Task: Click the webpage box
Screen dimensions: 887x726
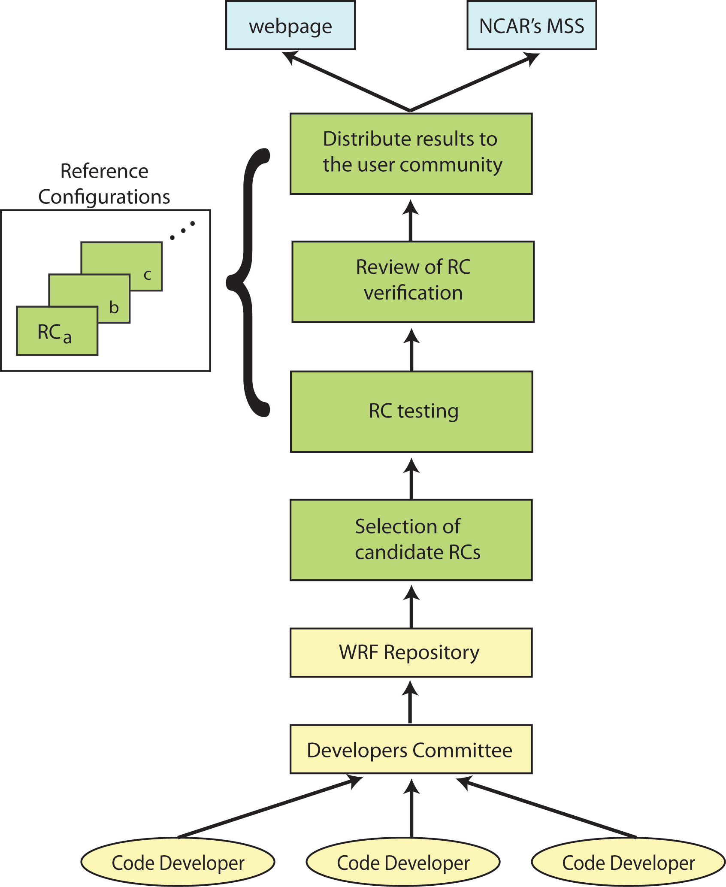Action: (x=290, y=25)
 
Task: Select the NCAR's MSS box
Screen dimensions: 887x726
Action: (x=531, y=25)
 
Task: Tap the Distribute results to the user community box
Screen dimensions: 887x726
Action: (x=411, y=153)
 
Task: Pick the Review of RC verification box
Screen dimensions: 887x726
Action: (x=413, y=281)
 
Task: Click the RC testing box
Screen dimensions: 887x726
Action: (x=411, y=411)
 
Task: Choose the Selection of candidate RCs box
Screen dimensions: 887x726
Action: (x=411, y=539)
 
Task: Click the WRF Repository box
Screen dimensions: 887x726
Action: (x=411, y=652)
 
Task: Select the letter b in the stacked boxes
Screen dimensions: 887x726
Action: (x=114, y=307)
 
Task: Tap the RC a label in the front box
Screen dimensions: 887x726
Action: (x=54, y=333)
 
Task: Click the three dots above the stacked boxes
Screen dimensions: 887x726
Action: (x=183, y=230)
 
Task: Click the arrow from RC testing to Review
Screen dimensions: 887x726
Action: (x=411, y=349)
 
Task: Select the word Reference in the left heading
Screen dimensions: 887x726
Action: (x=104, y=171)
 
